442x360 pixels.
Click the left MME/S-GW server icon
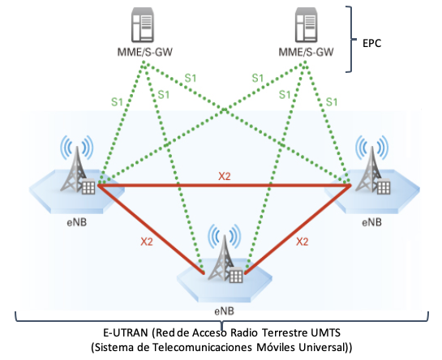tap(143, 25)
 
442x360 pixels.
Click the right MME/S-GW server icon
tap(306, 25)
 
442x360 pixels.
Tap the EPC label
tap(371, 43)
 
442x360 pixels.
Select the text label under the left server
tap(145, 52)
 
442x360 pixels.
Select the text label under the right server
tap(306, 52)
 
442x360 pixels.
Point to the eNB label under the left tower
tap(77, 222)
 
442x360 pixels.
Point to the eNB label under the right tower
tap(371, 222)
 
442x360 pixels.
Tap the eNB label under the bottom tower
tap(225, 311)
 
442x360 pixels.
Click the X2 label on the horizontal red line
tap(225, 177)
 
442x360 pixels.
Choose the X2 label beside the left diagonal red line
tap(147, 242)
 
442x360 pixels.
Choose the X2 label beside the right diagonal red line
tap(303, 242)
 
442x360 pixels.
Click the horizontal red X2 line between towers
tap(225, 186)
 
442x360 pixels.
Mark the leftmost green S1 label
tap(117, 102)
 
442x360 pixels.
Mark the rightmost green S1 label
tap(332, 102)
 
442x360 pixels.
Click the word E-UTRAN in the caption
tap(126, 333)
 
